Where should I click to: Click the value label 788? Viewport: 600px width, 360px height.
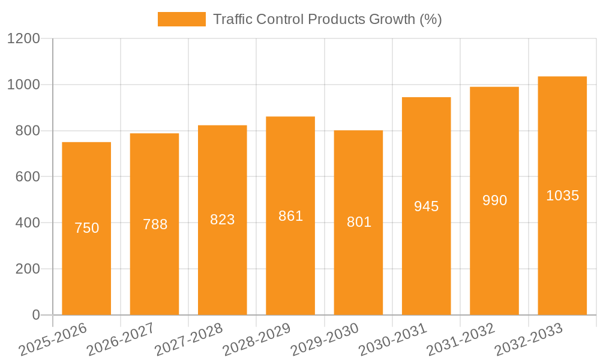[x=155, y=224]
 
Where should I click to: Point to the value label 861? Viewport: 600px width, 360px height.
[x=290, y=216]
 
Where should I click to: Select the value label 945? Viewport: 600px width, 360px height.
[x=427, y=206]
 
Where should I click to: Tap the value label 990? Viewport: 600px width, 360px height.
[x=494, y=200]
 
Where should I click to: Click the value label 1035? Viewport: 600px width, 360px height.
[x=562, y=196]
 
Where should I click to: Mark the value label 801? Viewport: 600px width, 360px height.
[x=359, y=222]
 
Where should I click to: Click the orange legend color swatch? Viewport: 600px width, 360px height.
[x=181, y=19]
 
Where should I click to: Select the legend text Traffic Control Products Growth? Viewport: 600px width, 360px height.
[x=327, y=19]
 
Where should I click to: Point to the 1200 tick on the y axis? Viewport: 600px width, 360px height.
[x=23, y=39]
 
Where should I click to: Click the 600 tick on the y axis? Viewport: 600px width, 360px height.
[x=28, y=177]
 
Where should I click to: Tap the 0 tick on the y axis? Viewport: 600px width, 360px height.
[x=35, y=315]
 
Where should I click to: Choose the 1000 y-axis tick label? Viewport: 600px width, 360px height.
[x=23, y=85]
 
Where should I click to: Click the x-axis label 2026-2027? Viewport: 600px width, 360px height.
[x=121, y=340]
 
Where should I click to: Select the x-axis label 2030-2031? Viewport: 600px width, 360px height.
[x=393, y=340]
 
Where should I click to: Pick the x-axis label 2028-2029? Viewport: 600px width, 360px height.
[x=257, y=340]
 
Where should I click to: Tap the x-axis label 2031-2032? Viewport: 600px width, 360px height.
[x=461, y=340]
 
